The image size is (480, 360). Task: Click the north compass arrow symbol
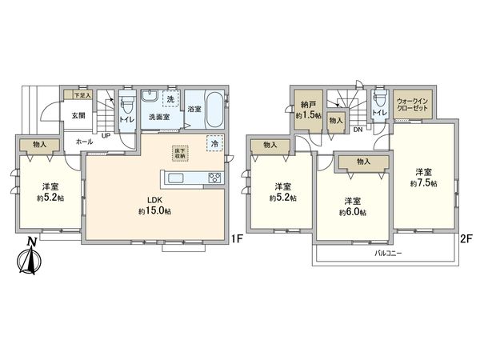pyautogui.click(x=30, y=257)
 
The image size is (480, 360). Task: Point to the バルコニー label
pyautogui.click(x=388, y=253)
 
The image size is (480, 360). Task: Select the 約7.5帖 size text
pyautogui.click(x=423, y=183)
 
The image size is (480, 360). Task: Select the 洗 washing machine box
pyautogui.click(x=169, y=99)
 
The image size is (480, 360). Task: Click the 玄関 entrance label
pyautogui.click(x=78, y=117)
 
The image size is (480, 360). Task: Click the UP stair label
pyautogui.click(x=105, y=134)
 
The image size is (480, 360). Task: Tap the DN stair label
pyautogui.click(x=358, y=129)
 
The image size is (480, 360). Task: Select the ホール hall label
pyautogui.click(x=83, y=142)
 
